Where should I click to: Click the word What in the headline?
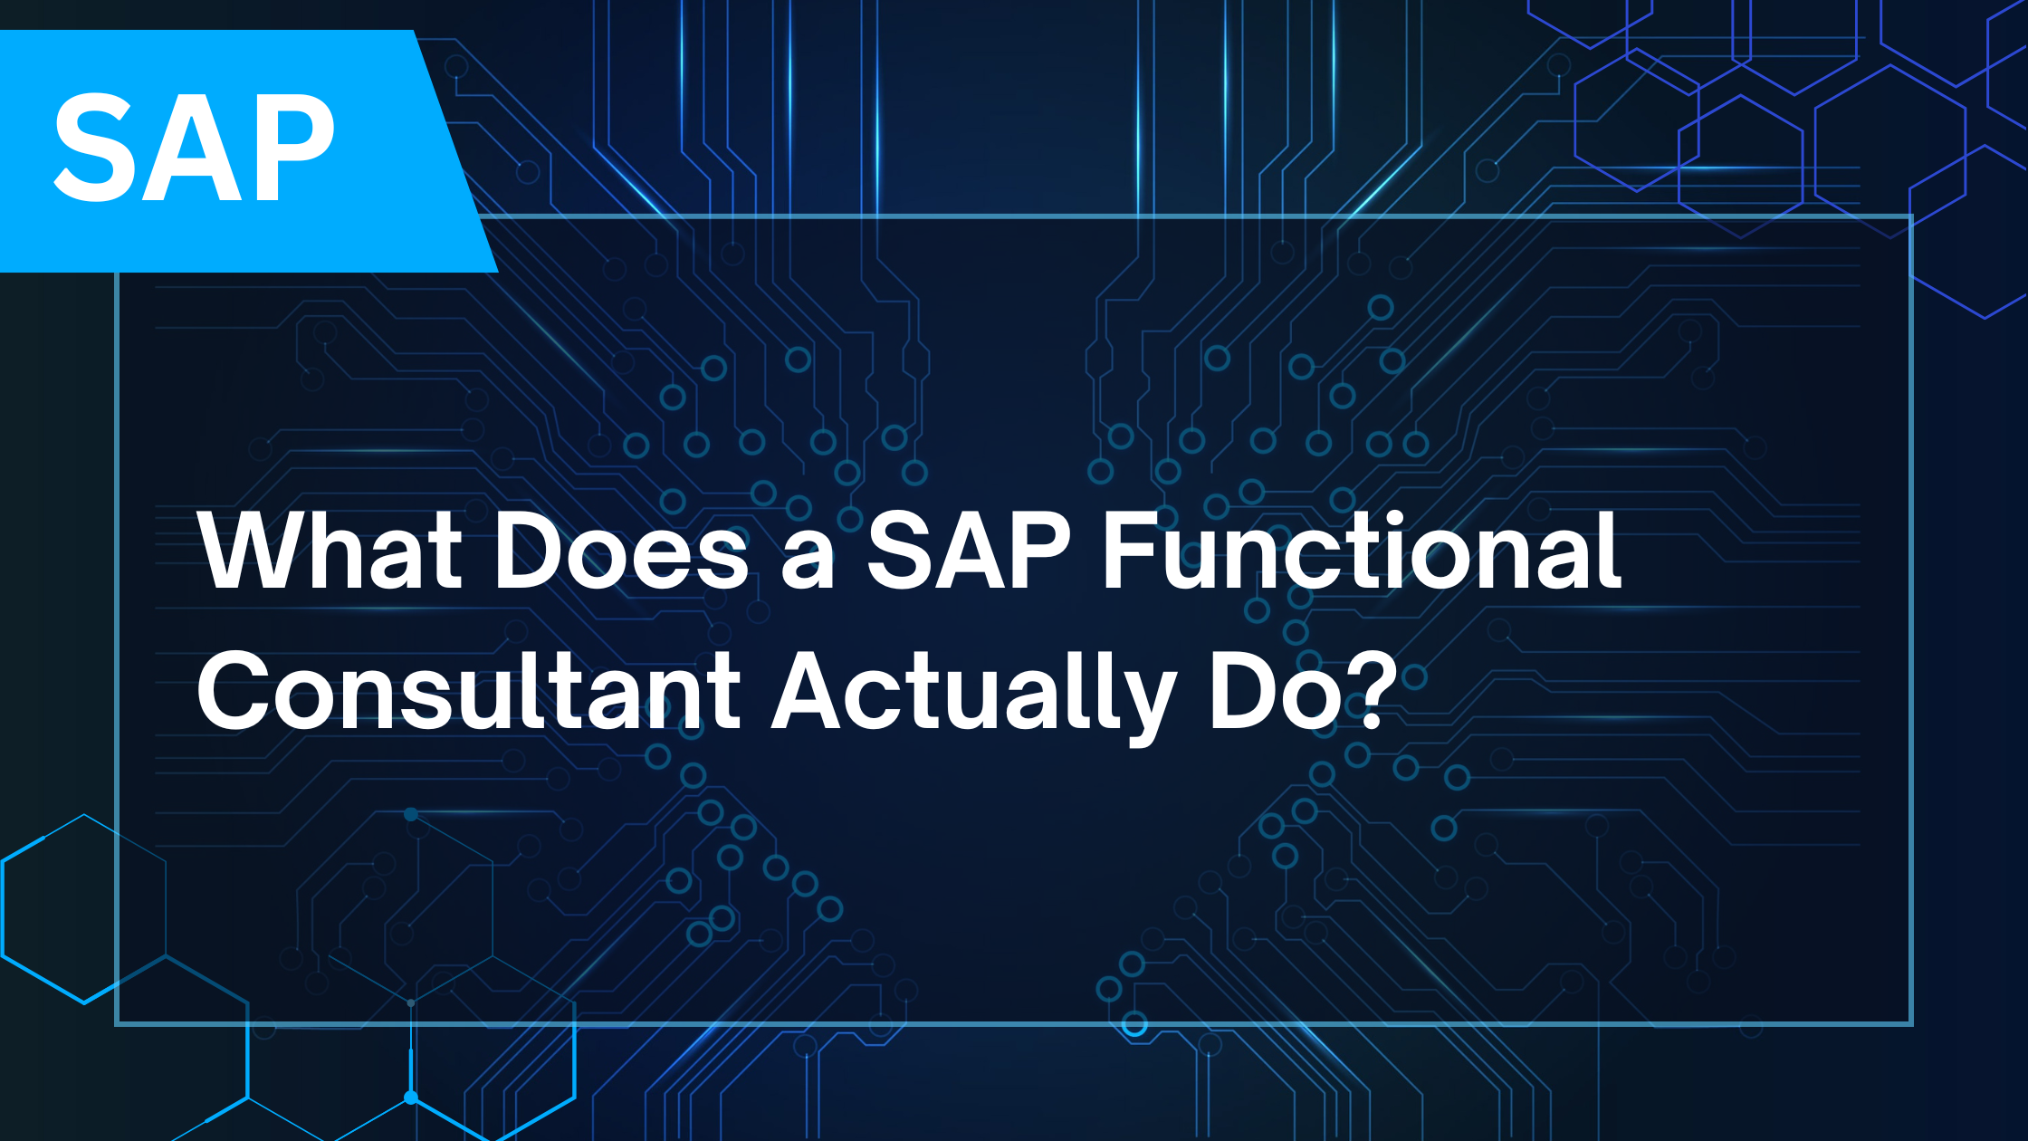(330, 550)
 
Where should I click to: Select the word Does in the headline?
(621, 550)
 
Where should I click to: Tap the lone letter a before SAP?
(808, 561)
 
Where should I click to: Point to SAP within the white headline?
(969, 550)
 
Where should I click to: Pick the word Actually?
(974, 697)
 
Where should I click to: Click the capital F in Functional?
(1130, 550)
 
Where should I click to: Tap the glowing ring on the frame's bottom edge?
(1134, 1025)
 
